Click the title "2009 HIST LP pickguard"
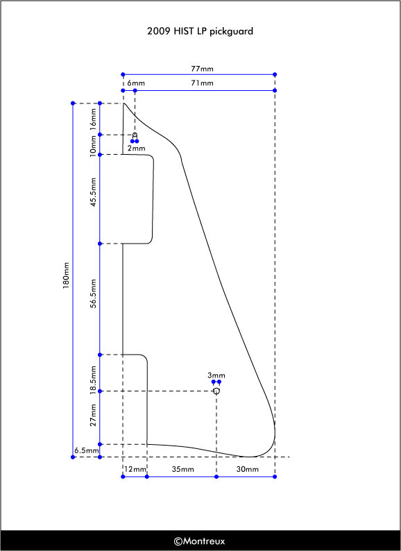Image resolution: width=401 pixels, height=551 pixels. [x=200, y=31]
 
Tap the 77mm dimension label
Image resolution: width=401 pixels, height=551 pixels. [x=202, y=69]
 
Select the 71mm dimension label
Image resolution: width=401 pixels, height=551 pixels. [x=202, y=83]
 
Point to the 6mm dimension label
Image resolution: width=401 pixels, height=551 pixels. [x=136, y=83]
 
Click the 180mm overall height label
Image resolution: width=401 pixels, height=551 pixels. [x=66, y=275]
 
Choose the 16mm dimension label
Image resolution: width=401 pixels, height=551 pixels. [x=93, y=119]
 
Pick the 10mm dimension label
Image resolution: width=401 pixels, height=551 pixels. [x=93, y=146]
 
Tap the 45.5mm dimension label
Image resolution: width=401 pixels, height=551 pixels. [x=93, y=192]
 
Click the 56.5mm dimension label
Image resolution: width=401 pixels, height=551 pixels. [x=93, y=294]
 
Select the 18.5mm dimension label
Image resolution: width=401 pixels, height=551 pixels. [x=93, y=380]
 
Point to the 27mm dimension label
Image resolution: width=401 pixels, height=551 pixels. [x=93, y=415]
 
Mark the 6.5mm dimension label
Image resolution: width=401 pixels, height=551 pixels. [x=87, y=450]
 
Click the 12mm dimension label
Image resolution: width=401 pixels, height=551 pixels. [x=135, y=469]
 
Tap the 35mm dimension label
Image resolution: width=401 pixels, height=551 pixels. [x=182, y=469]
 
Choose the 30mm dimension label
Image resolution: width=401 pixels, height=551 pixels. [x=248, y=469]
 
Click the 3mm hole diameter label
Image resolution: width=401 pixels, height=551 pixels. [x=216, y=375]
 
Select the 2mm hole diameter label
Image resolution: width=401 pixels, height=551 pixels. [x=137, y=149]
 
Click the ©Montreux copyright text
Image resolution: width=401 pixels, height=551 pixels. [x=199, y=541]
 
